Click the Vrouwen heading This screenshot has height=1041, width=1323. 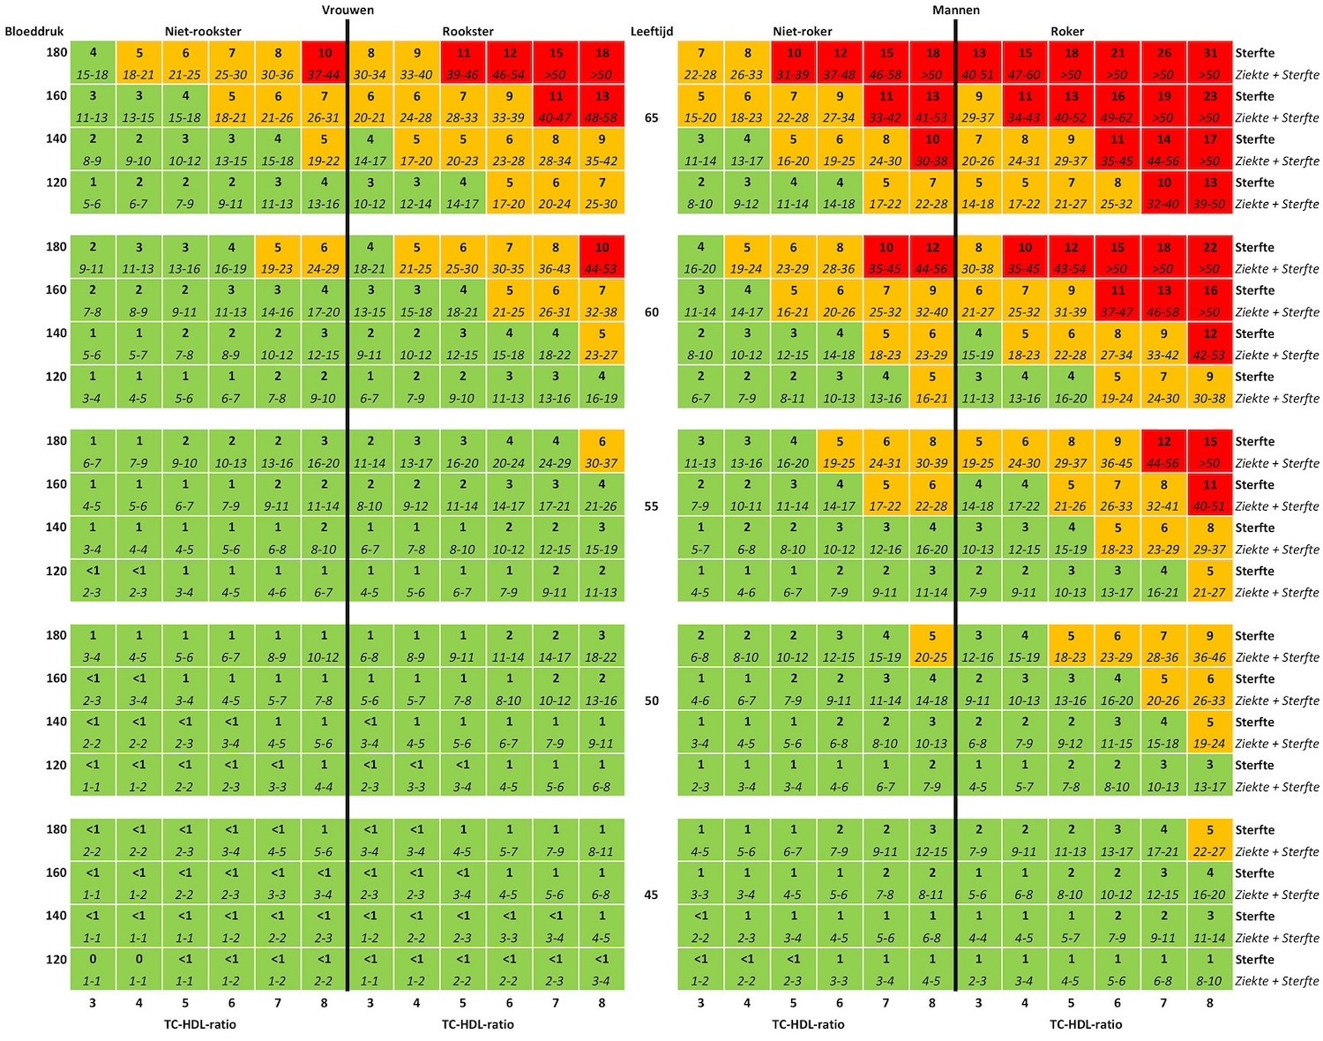tap(348, 10)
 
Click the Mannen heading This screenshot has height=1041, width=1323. tap(956, 10)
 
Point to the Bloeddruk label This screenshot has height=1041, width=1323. tap(34, 31)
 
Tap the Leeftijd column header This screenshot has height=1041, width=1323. tap(652, 31)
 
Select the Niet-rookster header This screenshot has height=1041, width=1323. tap(203, 31)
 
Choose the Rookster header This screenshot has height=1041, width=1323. tap(468, 31)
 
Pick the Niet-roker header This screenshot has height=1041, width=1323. tap(803, 31)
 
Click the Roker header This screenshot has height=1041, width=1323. tap(1067, 31)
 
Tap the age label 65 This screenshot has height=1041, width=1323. tap(652, 117)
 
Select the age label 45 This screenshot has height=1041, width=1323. tap(652, 895)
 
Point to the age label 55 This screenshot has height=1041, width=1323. tap(652, 506)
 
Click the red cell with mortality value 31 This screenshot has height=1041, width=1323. tap(1210, 53)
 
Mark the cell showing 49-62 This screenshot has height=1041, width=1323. tap(1117, 117)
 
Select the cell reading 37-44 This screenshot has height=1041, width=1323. tap(324, 75)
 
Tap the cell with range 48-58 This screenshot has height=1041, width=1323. tap(602, 117)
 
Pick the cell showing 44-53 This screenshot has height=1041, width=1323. tap(602, 269)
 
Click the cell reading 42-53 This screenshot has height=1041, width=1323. tap(1210, 356)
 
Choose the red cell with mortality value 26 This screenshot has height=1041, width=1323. tap(1164, 53)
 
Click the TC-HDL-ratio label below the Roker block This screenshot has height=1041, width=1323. tap(1086, 1024)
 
